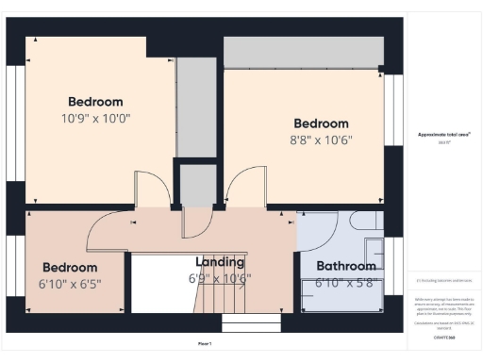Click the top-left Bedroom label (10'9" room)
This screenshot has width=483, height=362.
pos(95,102)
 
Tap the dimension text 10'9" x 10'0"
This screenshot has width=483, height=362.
pos(95,120)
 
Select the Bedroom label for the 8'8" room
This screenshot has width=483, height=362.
pos(321,123)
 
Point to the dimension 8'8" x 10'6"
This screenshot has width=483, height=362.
pos(321,141)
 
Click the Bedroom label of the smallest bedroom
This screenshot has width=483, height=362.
pos(70,267)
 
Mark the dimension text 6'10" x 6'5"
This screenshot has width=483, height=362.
pos(70,283)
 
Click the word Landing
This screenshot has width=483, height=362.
pos(220,261)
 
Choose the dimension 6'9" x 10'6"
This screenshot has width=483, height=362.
pos(220,278)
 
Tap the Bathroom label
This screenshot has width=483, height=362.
pos(346,265)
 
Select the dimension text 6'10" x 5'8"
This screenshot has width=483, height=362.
pos(345,282)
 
